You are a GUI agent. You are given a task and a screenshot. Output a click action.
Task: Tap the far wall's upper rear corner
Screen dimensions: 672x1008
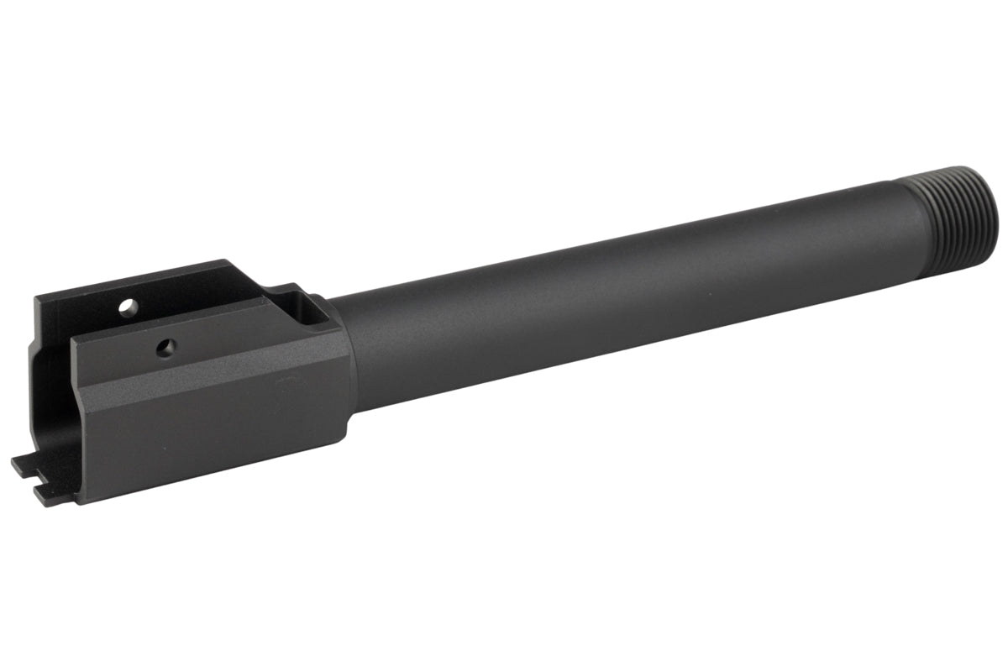[35, 301]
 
